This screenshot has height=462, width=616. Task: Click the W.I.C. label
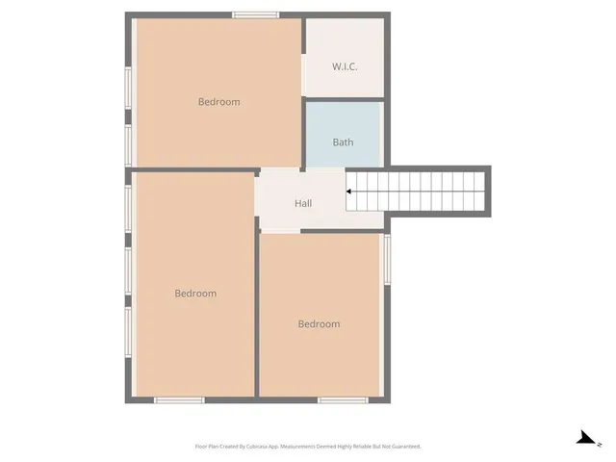tap(345, 66)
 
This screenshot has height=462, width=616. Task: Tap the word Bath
tap(343, 142)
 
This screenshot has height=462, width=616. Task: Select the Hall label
tap(303, 203)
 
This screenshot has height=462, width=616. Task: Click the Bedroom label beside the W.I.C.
tap(218, 102)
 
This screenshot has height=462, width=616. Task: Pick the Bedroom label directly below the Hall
tap(319, 324)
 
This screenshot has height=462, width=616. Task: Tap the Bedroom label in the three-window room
tap(194, 294)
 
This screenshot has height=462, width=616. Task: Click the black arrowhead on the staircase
tap(349, 192)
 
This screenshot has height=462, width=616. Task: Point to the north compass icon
tap(585, 438)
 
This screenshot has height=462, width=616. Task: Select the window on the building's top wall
tap(256, 14)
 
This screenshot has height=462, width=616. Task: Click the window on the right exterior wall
tap(387, 259)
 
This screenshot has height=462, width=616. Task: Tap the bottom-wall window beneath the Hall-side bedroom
tap(344, 399)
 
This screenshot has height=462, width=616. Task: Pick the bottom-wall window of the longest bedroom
tap(179, 399)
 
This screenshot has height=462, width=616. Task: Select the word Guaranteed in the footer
tap(403, 447)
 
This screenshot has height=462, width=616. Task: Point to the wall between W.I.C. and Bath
tap(345, 98)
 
